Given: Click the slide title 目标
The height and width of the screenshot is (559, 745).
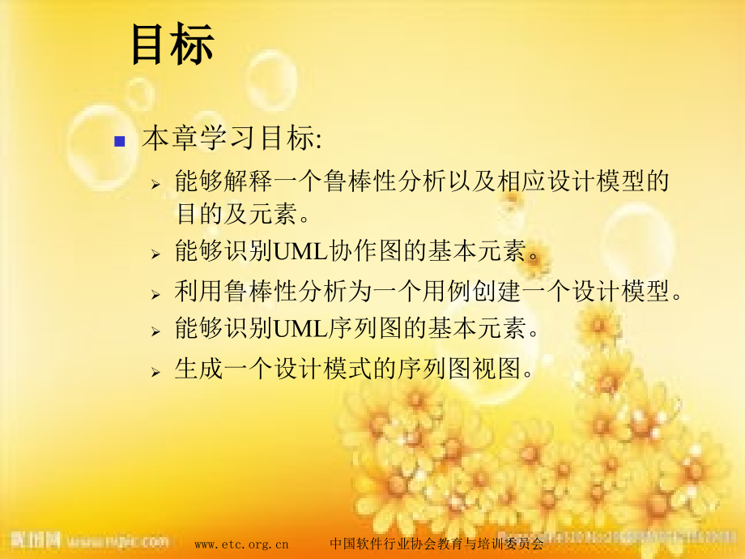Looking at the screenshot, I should coord(172,45).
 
